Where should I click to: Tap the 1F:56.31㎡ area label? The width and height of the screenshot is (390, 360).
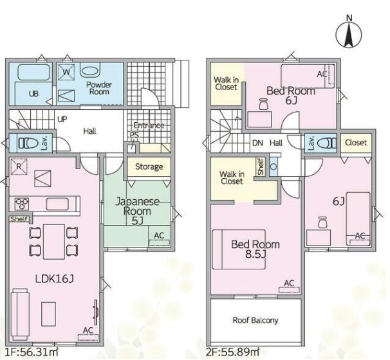point(32,352)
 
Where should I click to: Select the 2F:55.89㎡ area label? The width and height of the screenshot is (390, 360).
point(232,352)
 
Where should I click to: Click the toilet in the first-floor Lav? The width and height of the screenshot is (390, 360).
point(28,143)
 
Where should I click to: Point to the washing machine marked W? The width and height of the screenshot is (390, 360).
point(66,72)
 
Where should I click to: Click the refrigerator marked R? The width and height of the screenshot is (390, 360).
point(19,166)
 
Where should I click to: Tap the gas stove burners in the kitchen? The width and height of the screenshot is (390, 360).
point(22,204)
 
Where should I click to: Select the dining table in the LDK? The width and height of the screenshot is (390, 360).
point(54,242)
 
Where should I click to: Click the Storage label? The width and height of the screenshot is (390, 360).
point(149,166)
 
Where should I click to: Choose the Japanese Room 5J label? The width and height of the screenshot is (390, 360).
point(137,211)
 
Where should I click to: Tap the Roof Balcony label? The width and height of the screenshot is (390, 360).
point(255,320)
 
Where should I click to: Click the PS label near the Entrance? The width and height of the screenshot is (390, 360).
point(134,134)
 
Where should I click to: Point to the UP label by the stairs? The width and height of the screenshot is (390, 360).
point(62,120)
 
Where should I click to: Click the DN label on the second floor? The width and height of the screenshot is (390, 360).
point(257,143)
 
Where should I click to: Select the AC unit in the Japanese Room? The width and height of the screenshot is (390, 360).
point(159,242)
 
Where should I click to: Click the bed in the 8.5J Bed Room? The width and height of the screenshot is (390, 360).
point(239,249)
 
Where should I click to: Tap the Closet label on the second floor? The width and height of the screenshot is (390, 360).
point(356,143)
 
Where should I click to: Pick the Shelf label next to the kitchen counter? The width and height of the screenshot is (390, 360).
point(19,219)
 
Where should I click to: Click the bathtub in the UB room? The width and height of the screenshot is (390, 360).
point(34,72)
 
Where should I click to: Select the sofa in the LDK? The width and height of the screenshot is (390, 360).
point(20,314)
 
